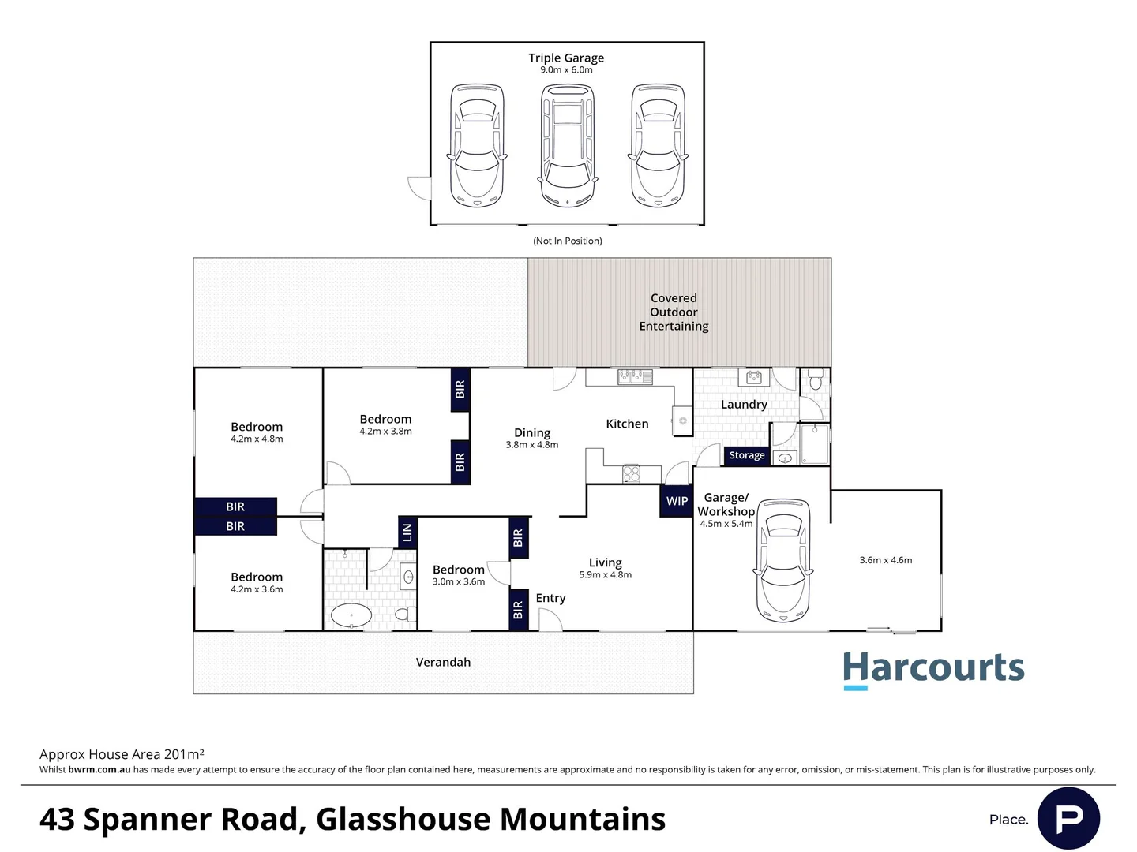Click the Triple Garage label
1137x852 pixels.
point(566,58)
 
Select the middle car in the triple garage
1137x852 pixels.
point(567,146)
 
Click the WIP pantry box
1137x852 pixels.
point(677,501)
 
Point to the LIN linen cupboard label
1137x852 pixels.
point(407,532)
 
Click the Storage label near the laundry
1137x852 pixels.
point(746,455)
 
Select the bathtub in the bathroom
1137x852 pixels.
point(351,615)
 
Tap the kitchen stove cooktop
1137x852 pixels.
point(631,473)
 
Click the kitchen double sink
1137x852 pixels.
point(635,376)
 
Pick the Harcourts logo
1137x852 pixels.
point(933,669)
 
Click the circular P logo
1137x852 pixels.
point(1068,819)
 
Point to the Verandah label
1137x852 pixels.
point(443,663)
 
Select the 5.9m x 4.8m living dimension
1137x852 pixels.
point(605,575)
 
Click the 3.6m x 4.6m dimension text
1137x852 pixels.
point(885,560)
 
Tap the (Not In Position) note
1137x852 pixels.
point(567,241)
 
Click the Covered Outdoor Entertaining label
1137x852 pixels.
point(674,312)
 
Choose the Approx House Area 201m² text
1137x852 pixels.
point(122,754)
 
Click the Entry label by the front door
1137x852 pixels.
point(550,598)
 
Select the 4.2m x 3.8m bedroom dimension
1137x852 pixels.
point(385,432)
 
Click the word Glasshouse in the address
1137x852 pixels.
point(403,820)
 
